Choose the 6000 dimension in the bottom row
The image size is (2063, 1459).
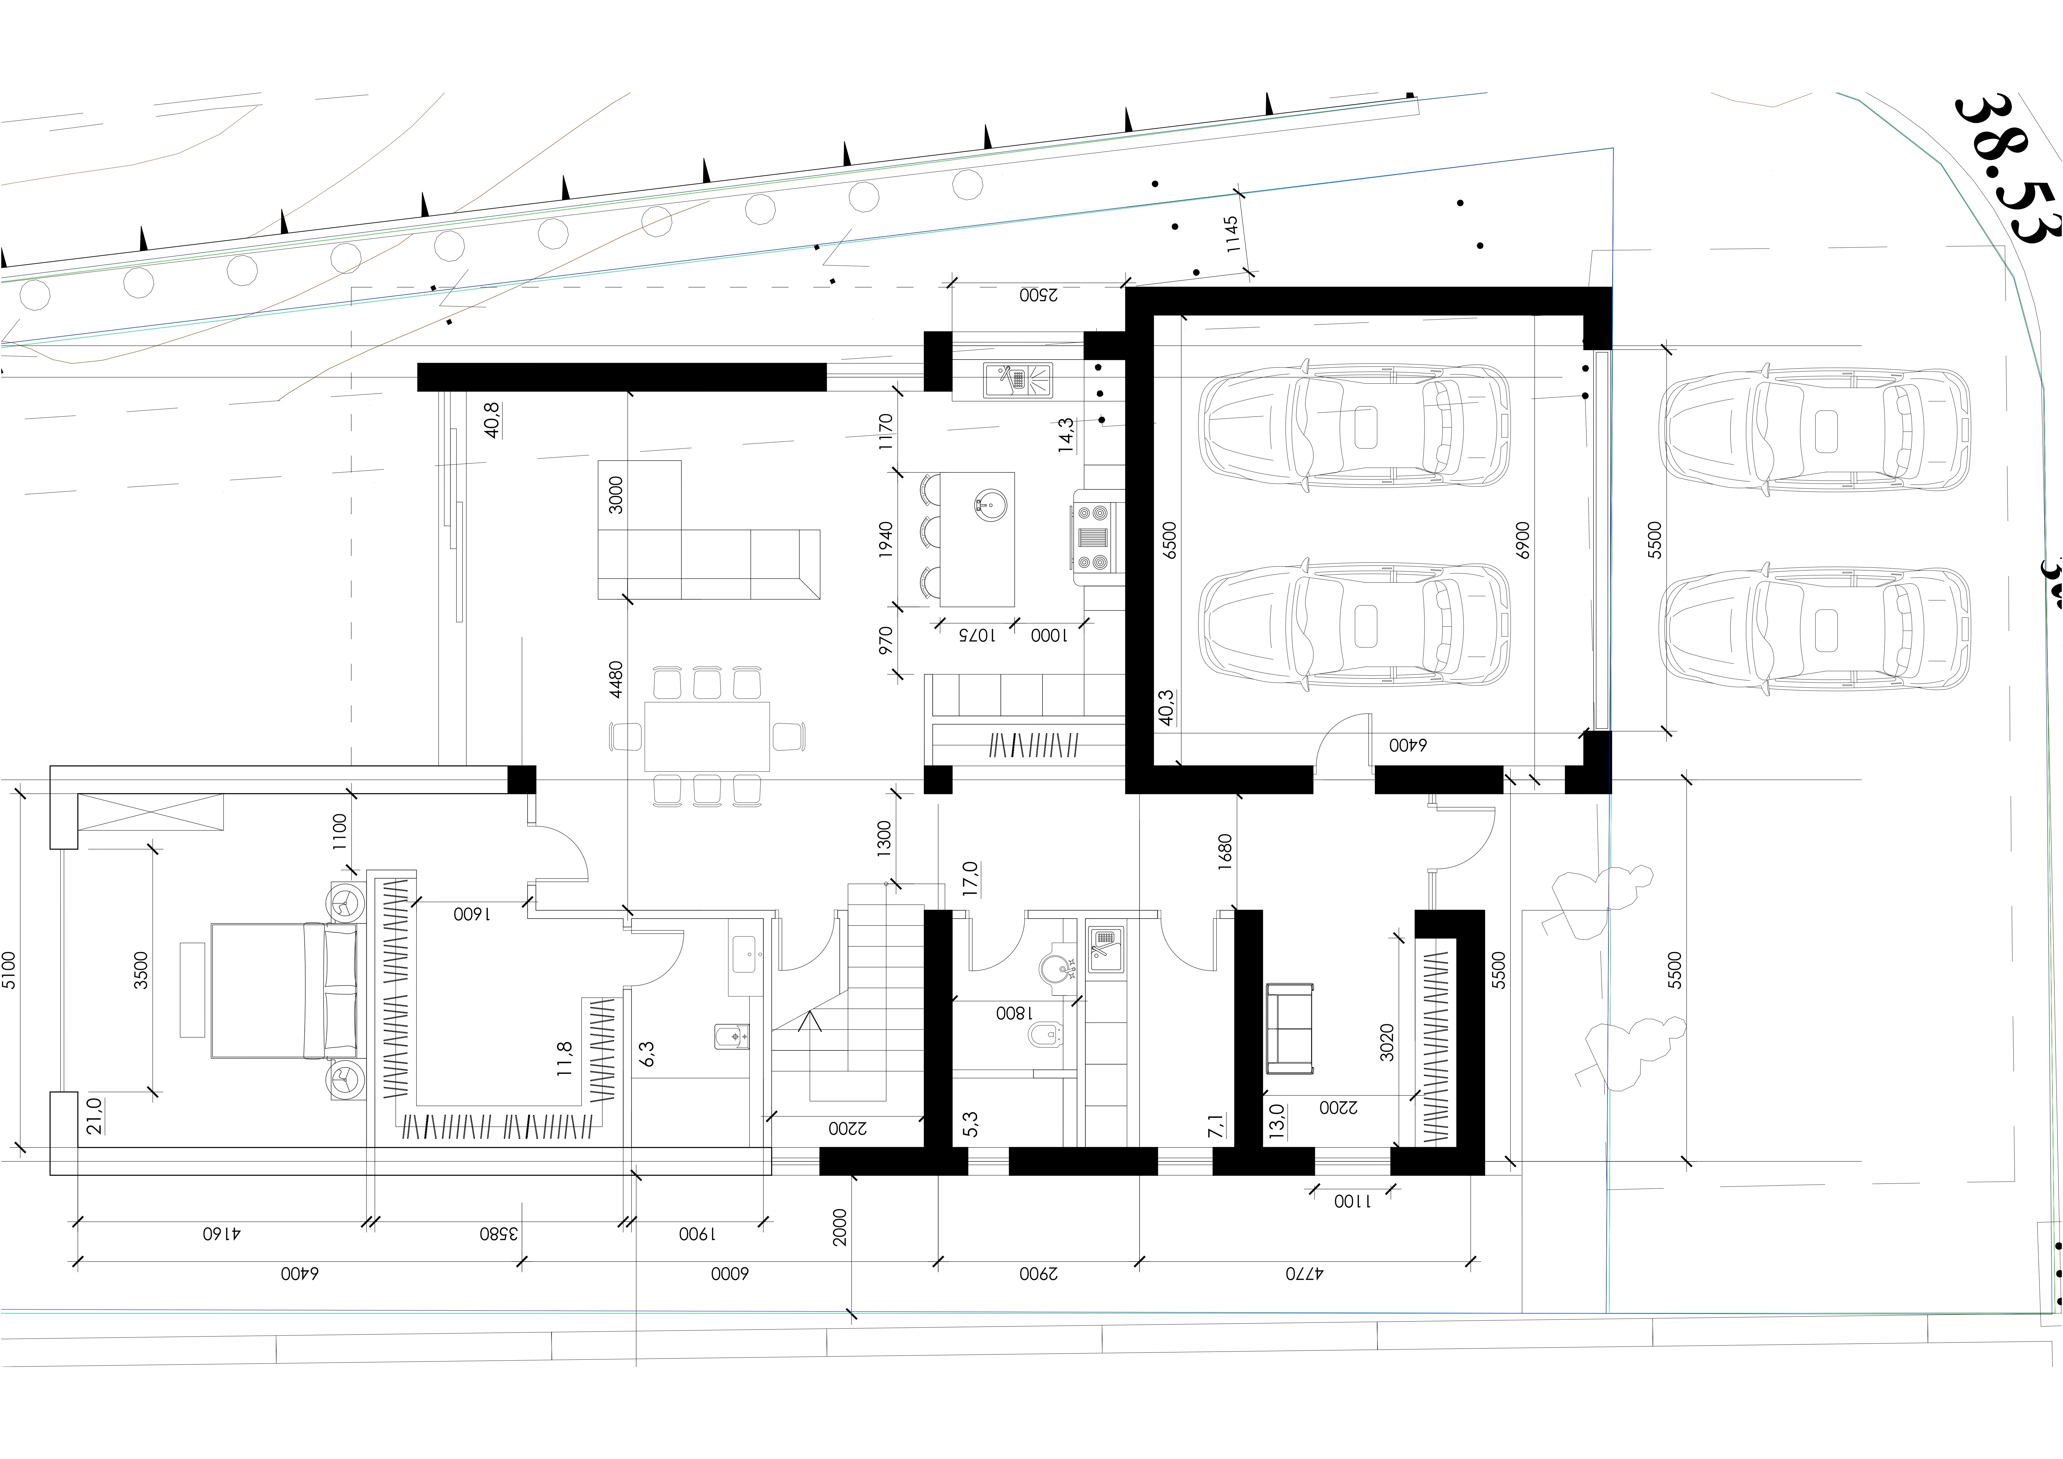point(730,1274)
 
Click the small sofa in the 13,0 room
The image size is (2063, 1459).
point(1289,1029)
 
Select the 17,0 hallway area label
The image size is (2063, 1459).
point(970,879)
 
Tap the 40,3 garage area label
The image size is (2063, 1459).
point(1165,708)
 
